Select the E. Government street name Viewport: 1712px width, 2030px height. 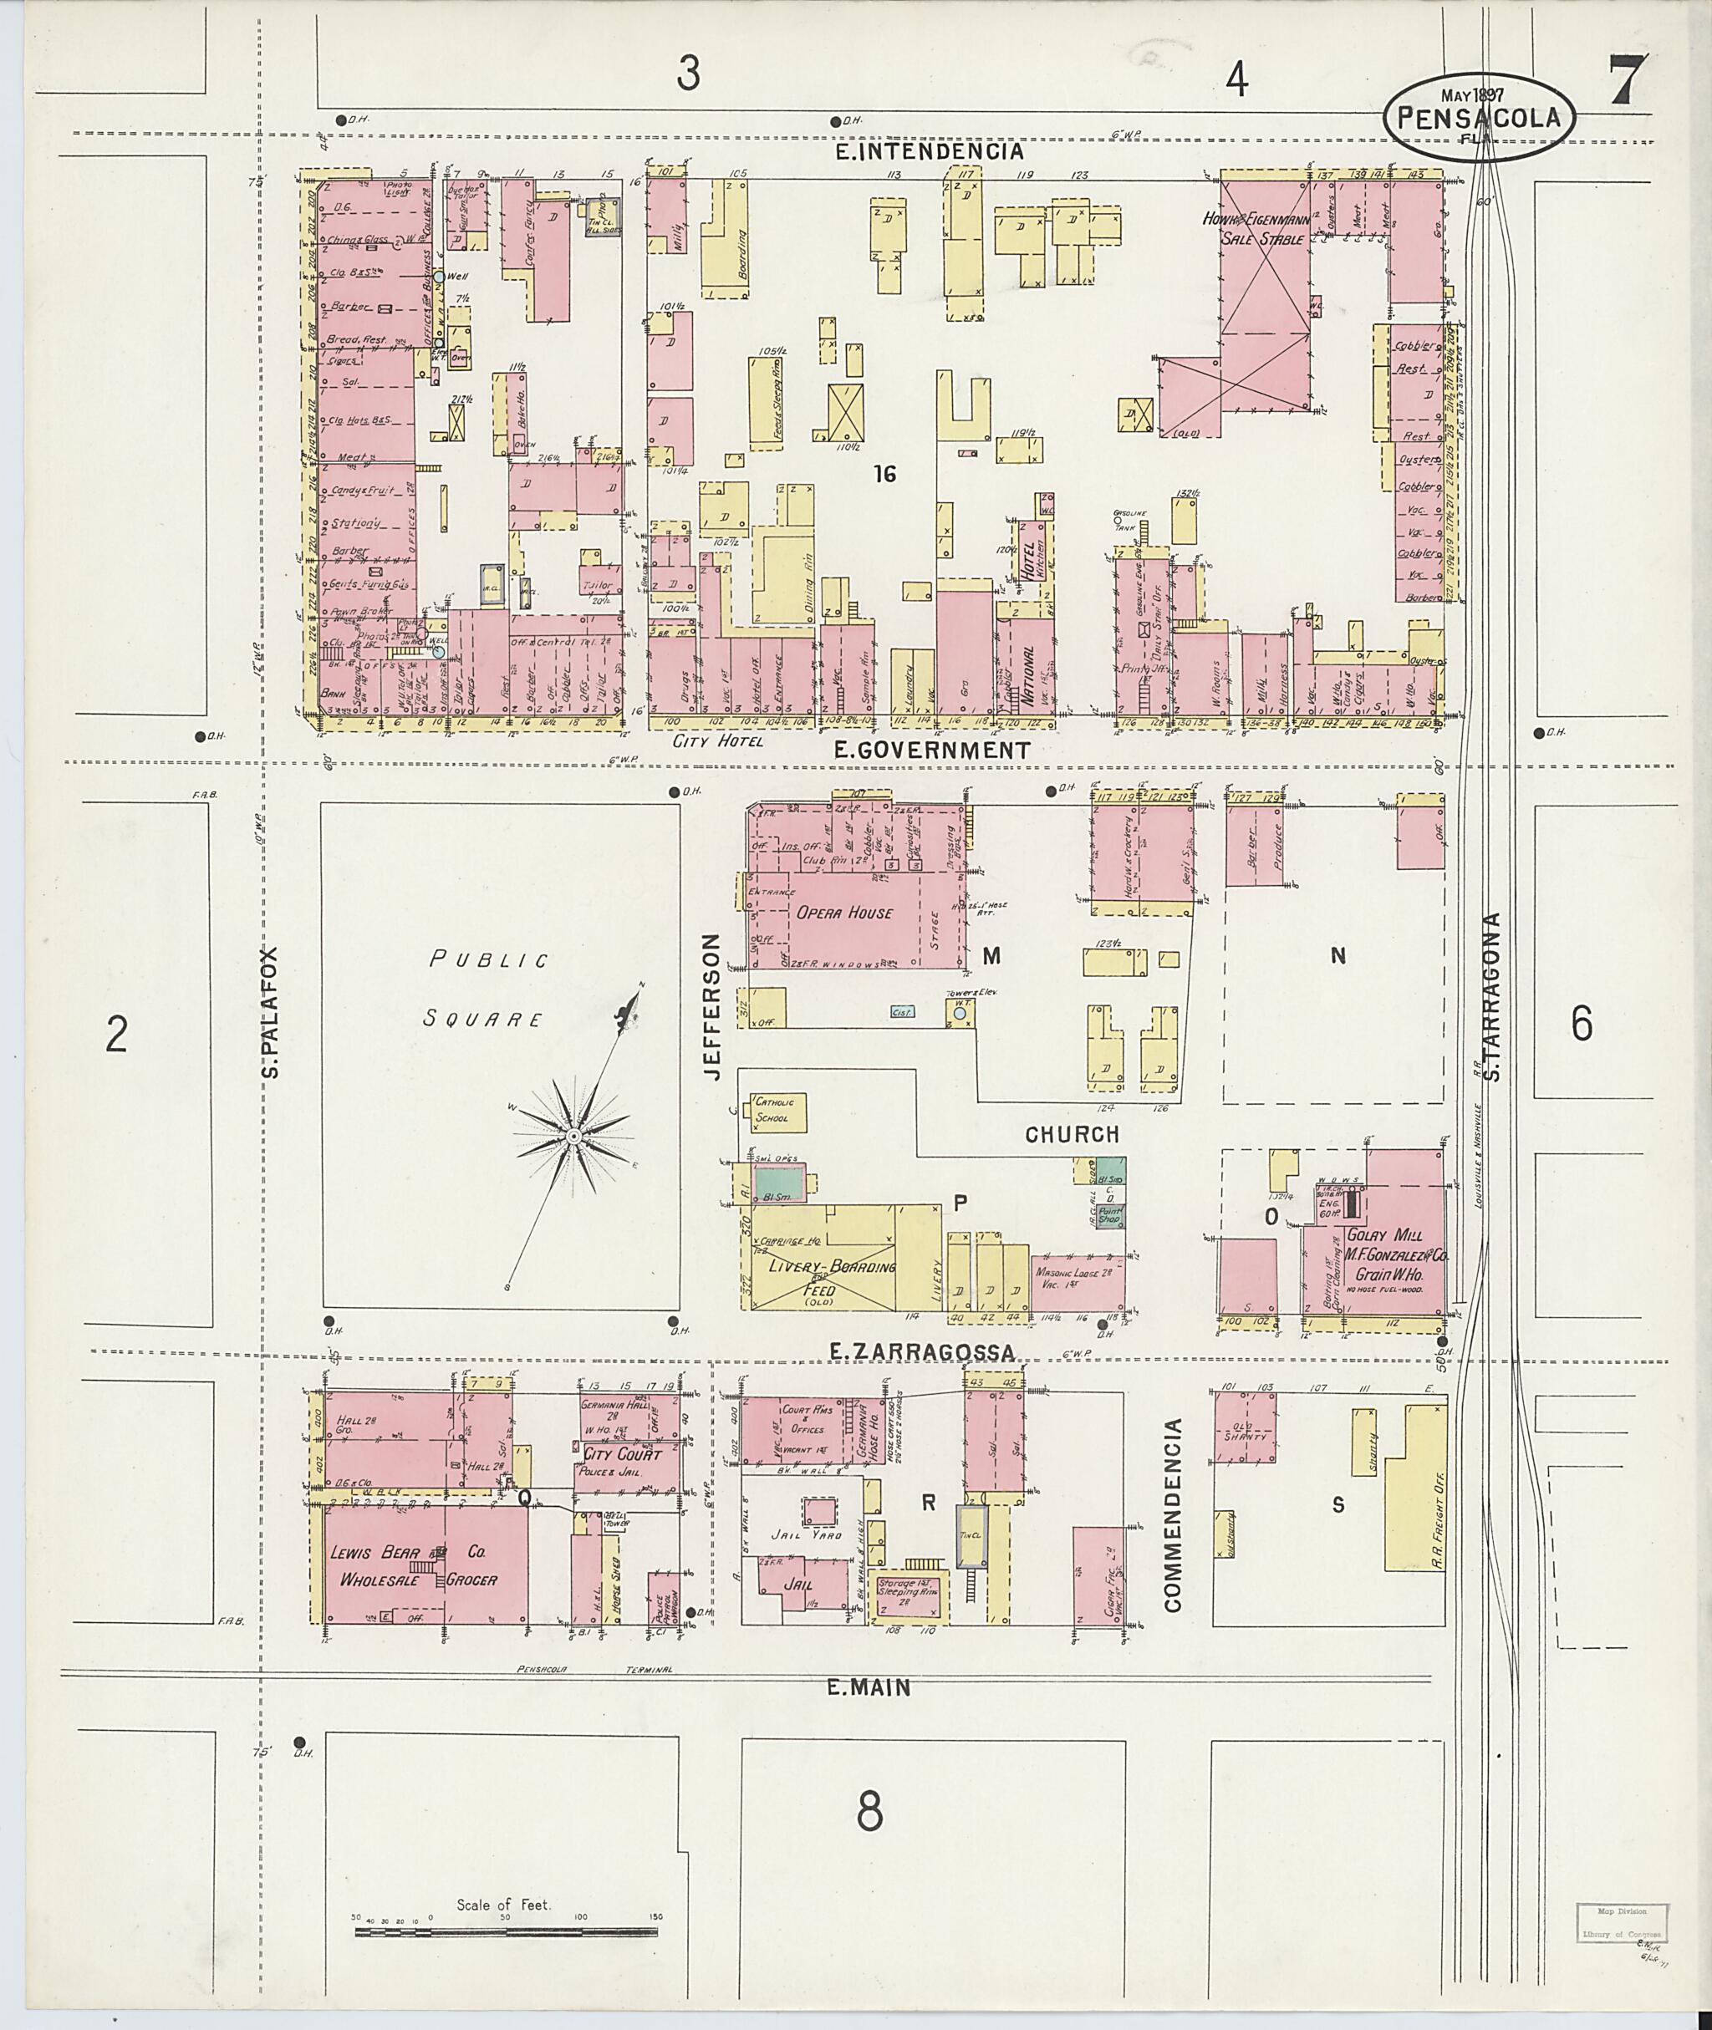(932, 750)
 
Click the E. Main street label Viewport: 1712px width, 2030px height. (869, 1687)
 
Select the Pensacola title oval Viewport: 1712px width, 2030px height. (1479, 117)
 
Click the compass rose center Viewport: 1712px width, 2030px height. (573, 1135)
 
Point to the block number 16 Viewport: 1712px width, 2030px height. (884, 474)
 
